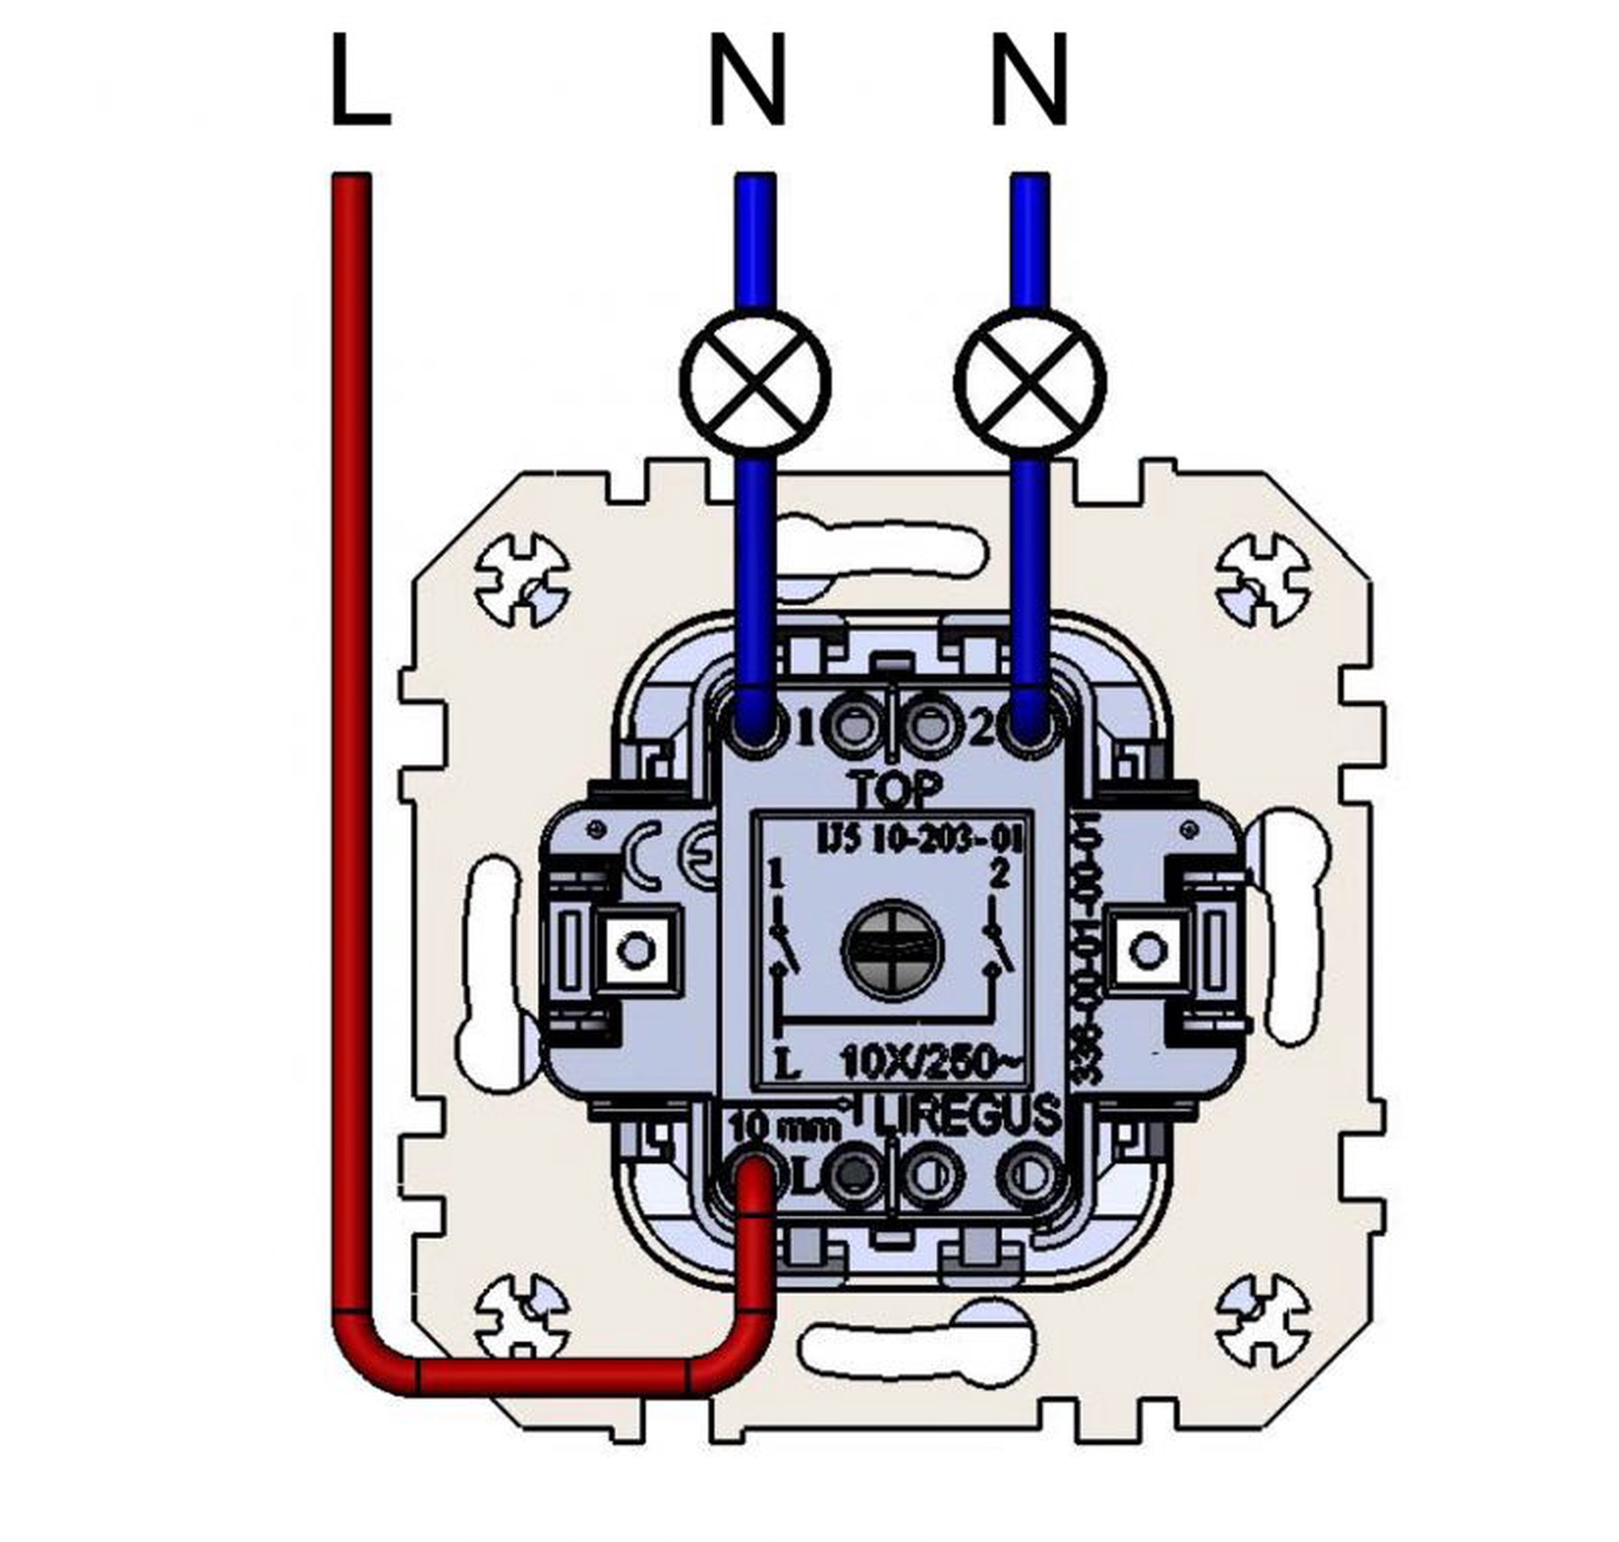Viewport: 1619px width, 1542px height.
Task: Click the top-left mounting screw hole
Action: tap(523, 580)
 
